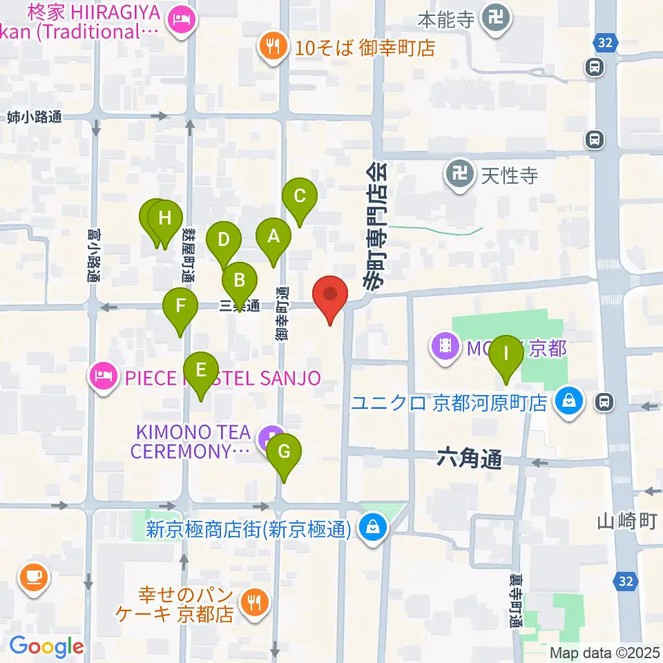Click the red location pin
[x=330, y=295]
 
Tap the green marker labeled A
[x=273, y=238]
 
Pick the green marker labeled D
[x=223, y=241]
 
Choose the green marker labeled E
[x=201, y=371]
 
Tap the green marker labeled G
[x=284, y=452]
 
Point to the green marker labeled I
[x=506, y=355]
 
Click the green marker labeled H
[x=165, y=220]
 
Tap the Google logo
[x=47, y=646]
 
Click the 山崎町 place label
[x=627, y=521]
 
